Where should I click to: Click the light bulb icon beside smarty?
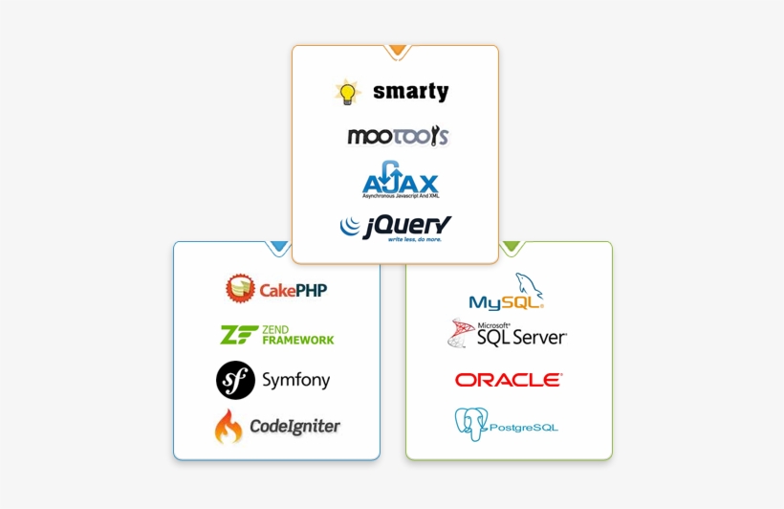[347, 92]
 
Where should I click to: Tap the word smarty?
[410, 92]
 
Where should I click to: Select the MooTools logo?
[397, 136]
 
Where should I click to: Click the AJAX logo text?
[400, 184]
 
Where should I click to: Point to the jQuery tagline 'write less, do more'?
[414, 239]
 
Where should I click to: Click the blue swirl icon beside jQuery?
[350, 227]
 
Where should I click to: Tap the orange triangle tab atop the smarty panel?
[396, 51]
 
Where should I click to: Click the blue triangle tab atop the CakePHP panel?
[278, 247]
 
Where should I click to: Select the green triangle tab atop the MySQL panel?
[512, 247]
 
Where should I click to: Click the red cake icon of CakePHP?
[240, 288]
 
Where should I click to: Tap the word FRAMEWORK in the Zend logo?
[297, 340]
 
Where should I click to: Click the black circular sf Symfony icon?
[235, 380]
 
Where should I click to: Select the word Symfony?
[295, 381]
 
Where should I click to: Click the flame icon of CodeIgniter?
[229, 427]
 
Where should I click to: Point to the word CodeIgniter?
[294, 427]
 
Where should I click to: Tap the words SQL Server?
[526, 338]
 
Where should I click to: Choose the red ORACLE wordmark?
[508, 380]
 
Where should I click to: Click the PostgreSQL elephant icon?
[470, 424]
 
